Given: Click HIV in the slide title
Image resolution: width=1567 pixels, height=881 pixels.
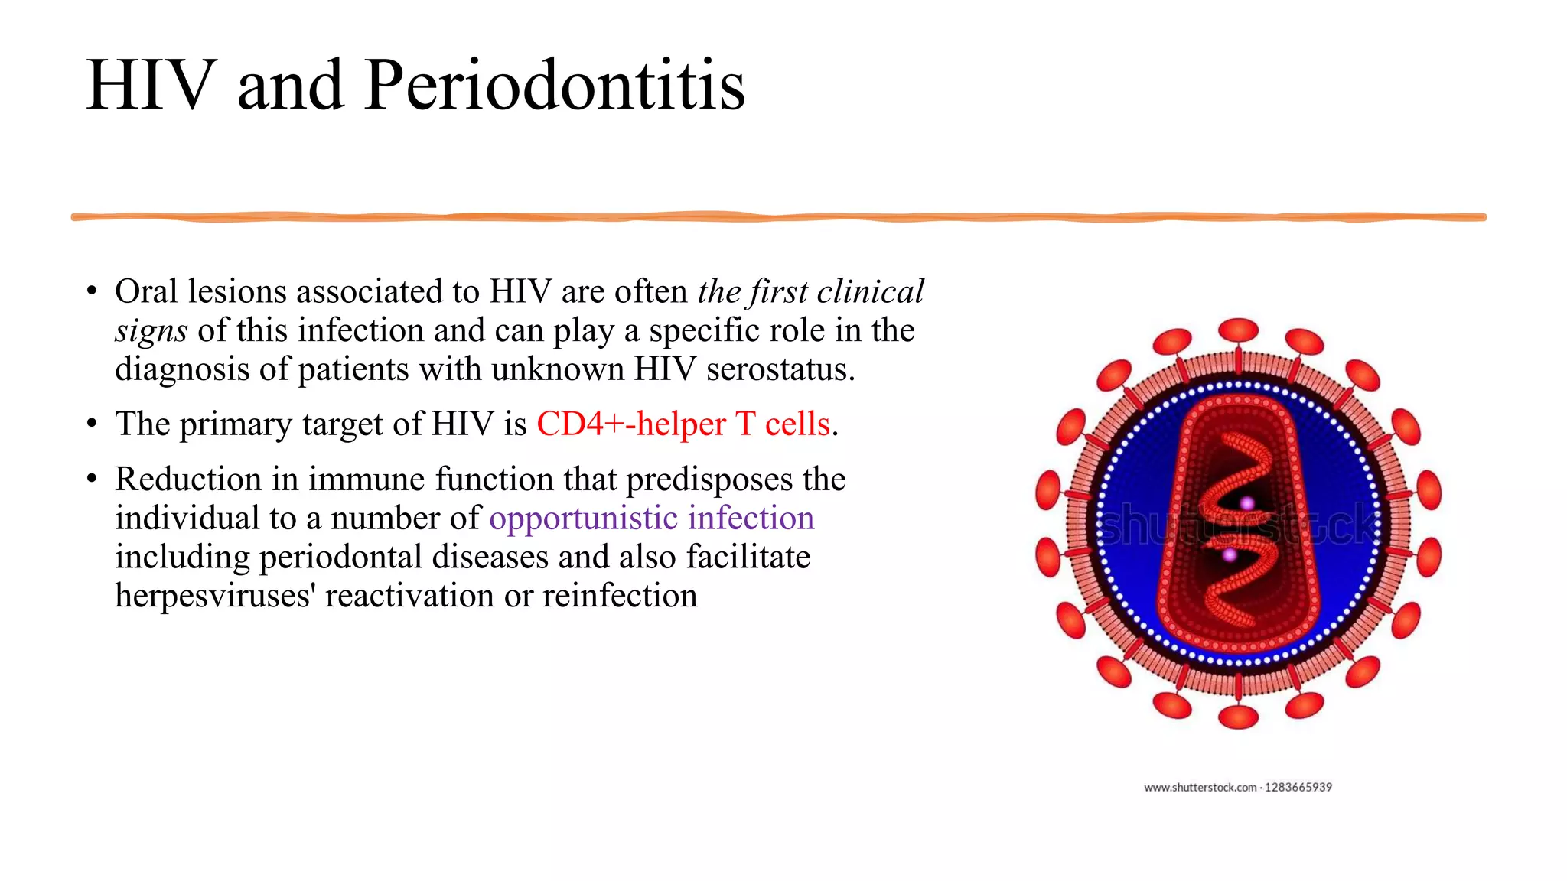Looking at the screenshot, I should [151, 86].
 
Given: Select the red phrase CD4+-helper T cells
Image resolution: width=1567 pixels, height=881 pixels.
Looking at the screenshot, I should [683, 424].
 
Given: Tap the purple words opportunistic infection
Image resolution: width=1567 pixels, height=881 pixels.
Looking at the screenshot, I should [651, 519].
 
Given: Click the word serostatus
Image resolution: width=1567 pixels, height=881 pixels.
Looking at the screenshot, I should [780, 369].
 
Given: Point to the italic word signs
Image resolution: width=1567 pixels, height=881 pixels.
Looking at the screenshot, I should [151, 331].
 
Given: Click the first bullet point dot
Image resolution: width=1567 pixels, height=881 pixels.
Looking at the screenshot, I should [92, 291].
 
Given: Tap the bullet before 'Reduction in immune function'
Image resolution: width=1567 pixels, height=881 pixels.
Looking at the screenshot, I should [92, 480].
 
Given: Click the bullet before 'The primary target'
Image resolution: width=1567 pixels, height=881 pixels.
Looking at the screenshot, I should [92, 424].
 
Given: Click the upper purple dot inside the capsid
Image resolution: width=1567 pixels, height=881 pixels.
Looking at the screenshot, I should [1247, 503].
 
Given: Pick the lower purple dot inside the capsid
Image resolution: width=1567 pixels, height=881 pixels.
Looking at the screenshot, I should [1229, 554].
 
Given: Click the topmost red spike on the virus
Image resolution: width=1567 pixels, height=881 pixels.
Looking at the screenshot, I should [1238, 330].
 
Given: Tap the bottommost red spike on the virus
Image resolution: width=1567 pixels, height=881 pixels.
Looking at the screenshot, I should [1238, 717].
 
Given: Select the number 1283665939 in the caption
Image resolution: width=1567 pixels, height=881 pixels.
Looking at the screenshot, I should [1298, 787].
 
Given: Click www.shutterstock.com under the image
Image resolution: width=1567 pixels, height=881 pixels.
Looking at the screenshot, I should [1200, 787].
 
